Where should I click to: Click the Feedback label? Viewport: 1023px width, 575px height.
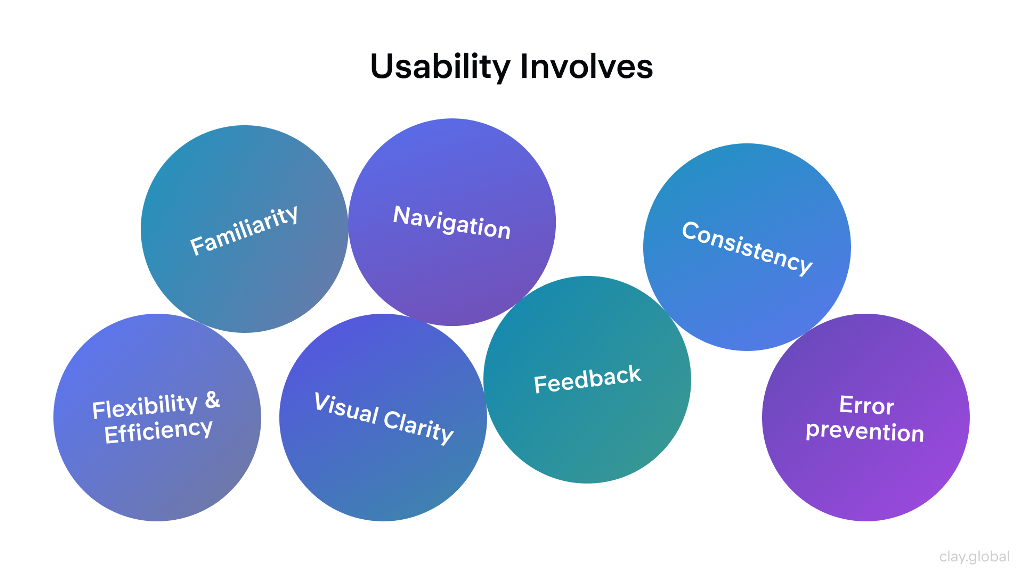click(x=587, y=379)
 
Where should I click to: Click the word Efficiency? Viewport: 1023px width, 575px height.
click(x=158, y=431)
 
